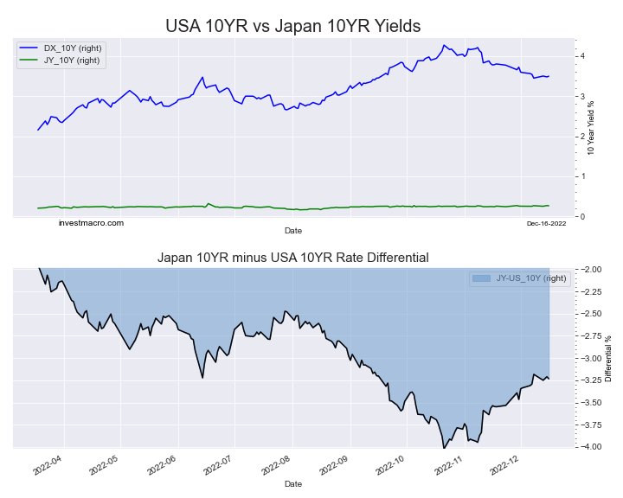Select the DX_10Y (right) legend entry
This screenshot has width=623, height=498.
[x=72, y=48]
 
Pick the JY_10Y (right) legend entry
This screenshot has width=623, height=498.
[x=72, y=61]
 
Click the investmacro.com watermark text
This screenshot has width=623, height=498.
[x=91, y=223]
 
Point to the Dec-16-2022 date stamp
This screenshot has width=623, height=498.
[x=546, y=224]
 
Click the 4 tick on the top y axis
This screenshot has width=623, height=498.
[x=583, y=56]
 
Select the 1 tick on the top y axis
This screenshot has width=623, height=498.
[x=583, y=176]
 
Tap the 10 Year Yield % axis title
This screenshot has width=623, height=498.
[x=591, y=126]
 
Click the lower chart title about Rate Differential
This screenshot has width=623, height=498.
[x=292, y=258]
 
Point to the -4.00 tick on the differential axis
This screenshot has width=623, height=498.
[x=592, y=447]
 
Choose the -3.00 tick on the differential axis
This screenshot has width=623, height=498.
[x=592, y=358]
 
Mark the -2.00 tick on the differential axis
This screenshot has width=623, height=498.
[x=592, y=269]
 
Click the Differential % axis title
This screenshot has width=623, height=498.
[x=608, y=358]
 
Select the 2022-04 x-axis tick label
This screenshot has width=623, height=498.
[x=48, y=468]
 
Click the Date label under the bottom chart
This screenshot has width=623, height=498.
[x=292, y=484]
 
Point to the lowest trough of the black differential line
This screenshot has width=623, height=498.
[x=444, y=448]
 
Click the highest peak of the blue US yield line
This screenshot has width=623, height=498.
[x=444, y=45]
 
